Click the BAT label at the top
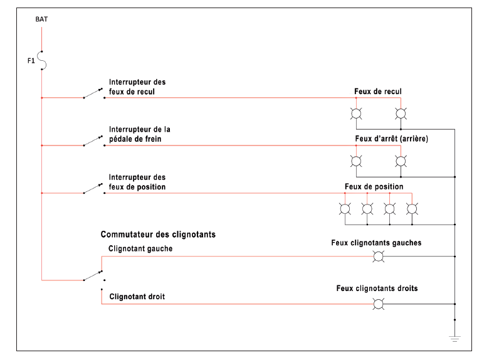click(41, 19)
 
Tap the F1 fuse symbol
click(42, 60)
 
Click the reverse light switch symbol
click(93, 93)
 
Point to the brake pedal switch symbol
click(93, 140)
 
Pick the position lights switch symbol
click(93, 188)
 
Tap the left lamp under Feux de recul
click(355, 114)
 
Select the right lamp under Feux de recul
click(401, 114)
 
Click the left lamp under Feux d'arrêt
click(355, 161)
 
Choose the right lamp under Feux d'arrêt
click(401, 161)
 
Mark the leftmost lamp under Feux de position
click(345, 209)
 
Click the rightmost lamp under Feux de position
click(412, 209)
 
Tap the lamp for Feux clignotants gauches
click(378, 257)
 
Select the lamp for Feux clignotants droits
click(378, 304)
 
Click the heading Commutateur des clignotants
click(158, 235)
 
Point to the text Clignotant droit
click(137, 297)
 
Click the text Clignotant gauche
click(140, 248)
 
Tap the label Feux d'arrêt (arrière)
click(391, 139)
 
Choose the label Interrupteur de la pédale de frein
click(140, 134)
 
